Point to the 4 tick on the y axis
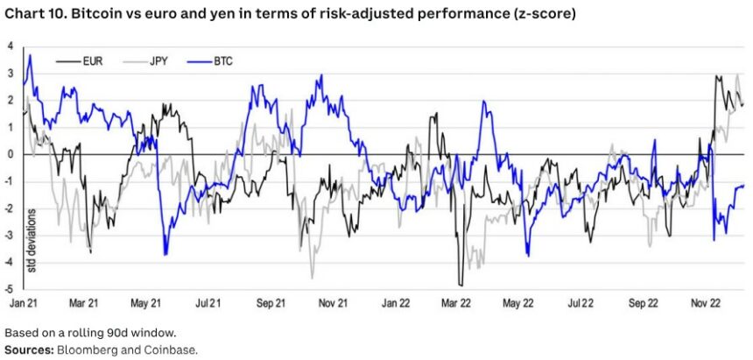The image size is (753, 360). pos(10,46)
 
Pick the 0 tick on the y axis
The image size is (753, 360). pos(10,154)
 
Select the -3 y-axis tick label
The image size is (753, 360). pos(8,235)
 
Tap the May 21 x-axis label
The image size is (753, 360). pos(146,303)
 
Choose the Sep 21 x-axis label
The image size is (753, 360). pos(271,303)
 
